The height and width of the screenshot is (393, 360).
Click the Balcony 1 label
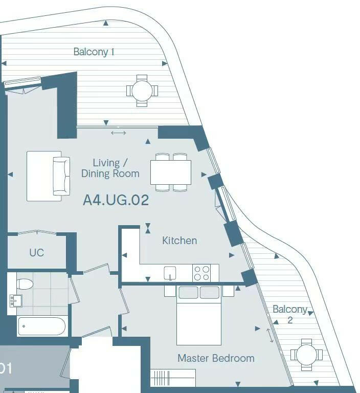click(x=94, y=52)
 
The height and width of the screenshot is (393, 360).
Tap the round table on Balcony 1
click(x=142, y=91)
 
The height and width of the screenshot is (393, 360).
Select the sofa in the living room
click(x=47, y=176)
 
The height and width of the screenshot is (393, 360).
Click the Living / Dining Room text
click(x=110, y=168)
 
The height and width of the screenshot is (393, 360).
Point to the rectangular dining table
click(x=171, y=172)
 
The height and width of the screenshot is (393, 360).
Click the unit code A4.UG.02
click(x=116, y=200)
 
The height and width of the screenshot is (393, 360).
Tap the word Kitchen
click(x=179, y=241)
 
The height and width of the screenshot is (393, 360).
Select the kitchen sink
click(x=170, y=273)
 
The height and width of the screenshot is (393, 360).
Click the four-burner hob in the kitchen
click(x=201, y=273)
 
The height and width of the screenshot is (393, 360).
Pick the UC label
click(x=36, y=253)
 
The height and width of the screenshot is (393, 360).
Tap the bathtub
click(x=42, y=326)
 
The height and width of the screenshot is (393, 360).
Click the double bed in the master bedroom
click(x=199, y=315)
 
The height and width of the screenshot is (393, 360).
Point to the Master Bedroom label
click(x=216, y=358)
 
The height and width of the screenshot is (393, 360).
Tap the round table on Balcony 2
click(x=306, y=354)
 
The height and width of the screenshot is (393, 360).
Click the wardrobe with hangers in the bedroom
click(x=173, y=378)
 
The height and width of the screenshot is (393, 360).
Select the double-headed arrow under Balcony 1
click(x=118, y=134)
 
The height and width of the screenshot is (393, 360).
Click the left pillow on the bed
click(x=188, y=293)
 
